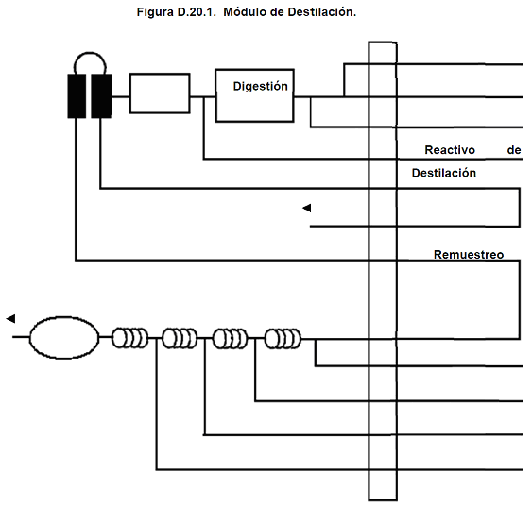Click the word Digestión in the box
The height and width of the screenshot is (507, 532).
coord(260,87)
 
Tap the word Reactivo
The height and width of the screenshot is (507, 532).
coord(450,150)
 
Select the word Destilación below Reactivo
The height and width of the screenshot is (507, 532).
coord(444,173)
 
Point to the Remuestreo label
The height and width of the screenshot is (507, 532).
coord(469,255)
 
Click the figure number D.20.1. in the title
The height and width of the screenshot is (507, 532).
coord(197,12)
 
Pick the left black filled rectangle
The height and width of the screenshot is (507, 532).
coord(77,96)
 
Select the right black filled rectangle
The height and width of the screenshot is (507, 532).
coord(101,96)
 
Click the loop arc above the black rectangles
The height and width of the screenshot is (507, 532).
coord(90,53)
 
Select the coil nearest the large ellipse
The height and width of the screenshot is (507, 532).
coord(130,338)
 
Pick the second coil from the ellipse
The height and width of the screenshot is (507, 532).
coord(180,338)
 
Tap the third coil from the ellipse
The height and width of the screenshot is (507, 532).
coord(230,339)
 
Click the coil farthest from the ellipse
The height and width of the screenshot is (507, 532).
coord(283,339)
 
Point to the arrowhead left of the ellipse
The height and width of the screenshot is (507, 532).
coord(10,319)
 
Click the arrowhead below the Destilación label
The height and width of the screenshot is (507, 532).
coord(307,208)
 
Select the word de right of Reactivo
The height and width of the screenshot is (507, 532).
coord(514,150)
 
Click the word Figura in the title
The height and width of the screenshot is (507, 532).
coord(155,12)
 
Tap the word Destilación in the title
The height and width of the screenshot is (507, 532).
coord(322,12)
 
